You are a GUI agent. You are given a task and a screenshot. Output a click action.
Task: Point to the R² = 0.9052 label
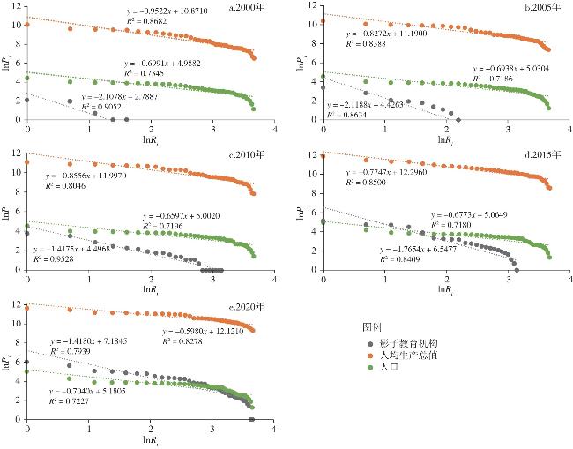[100, 106]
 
